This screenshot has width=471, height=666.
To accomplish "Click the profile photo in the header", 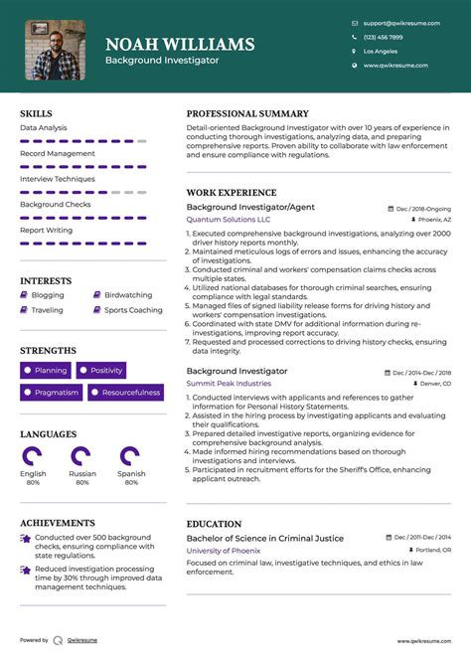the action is [55, 50].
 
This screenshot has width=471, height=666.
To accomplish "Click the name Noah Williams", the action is [180, 44].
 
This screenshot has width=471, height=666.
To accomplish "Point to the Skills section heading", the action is [36, 113].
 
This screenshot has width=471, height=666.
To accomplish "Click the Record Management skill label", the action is [58, 153].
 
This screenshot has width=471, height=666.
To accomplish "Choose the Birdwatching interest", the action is [128, 295].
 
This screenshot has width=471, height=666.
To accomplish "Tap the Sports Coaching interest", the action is [133, 310].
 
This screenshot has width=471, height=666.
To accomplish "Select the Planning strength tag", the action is [46, 371].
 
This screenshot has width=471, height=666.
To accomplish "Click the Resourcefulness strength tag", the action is [126, 393].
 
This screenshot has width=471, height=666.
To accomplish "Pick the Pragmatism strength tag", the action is [51, 393].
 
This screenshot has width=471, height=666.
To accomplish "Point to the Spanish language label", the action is [131, 474].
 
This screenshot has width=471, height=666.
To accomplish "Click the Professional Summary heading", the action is [247, 113].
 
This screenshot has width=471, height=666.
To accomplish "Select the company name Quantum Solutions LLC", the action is [228, 219].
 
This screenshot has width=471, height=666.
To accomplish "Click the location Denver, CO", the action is [431, 383].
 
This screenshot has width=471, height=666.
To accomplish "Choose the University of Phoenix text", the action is [224, 550].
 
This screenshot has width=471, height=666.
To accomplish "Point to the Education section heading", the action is [214, 524].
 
